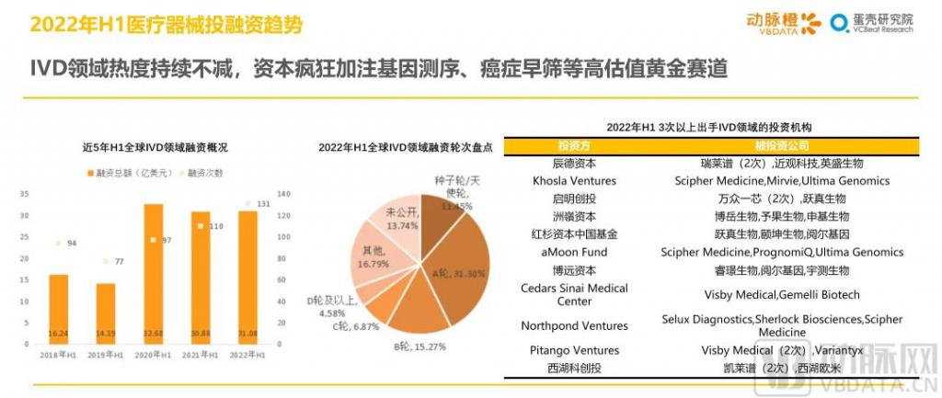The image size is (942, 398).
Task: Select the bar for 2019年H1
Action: [106, 313]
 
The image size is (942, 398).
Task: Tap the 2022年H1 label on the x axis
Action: [247, 354]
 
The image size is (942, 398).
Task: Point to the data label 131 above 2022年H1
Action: [263, 203]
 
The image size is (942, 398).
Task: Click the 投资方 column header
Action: [574, 145]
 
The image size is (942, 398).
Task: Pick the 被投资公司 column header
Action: [781, 145]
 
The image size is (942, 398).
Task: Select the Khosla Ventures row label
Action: [574, 180]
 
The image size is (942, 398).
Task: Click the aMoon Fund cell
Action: [574, 252]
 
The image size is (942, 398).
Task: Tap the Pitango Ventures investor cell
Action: [574, 350]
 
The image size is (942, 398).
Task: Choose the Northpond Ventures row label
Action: [574, 325]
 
